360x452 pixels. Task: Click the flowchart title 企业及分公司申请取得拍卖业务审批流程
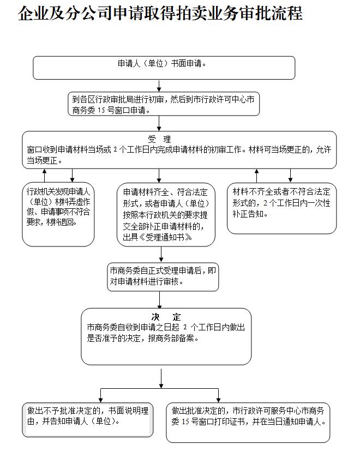pyautogui.click(x=160, y=13)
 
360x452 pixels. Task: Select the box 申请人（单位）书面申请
pyautogui.click(x=164, y=68)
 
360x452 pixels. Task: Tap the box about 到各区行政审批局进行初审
pyautogui.click(x=164, y=104)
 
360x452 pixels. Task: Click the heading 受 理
pyautogui.click(x=159, y=139)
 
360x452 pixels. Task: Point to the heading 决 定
pyautogui.click(x=166, y=317)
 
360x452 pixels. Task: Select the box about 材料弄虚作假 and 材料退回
pyautogui.click(x=58, y=214)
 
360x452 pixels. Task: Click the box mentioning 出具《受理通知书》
pyautogui.click(x=166, y=215)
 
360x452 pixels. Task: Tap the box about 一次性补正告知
pyautogui.click(x=281, y=208)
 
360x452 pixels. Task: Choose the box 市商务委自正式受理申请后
pyautogui.click(x=163, y=277)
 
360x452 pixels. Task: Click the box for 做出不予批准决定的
pyautogui.click(x=87, y=420)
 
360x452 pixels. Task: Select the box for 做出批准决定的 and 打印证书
pyautogui.click(x=248, y=423)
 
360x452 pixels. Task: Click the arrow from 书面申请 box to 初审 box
pyautogui.click(x=159, y=86)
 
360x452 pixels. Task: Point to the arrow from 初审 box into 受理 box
pyautogui.click(x=159, y=123)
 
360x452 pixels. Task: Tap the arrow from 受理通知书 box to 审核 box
pyautogui.click(x=161, y=255)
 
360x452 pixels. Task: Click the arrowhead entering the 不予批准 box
pyautogui.click(x=101, y=400)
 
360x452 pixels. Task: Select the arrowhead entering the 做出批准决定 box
pyautogui.click(x=218, y=400)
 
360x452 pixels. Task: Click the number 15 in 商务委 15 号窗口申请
pyautogui.click(x=101, y=110)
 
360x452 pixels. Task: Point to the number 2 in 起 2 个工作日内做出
pyautogui.click(x=185, y=327)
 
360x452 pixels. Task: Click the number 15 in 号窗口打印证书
pyautogui.click(x=185, y=421)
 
